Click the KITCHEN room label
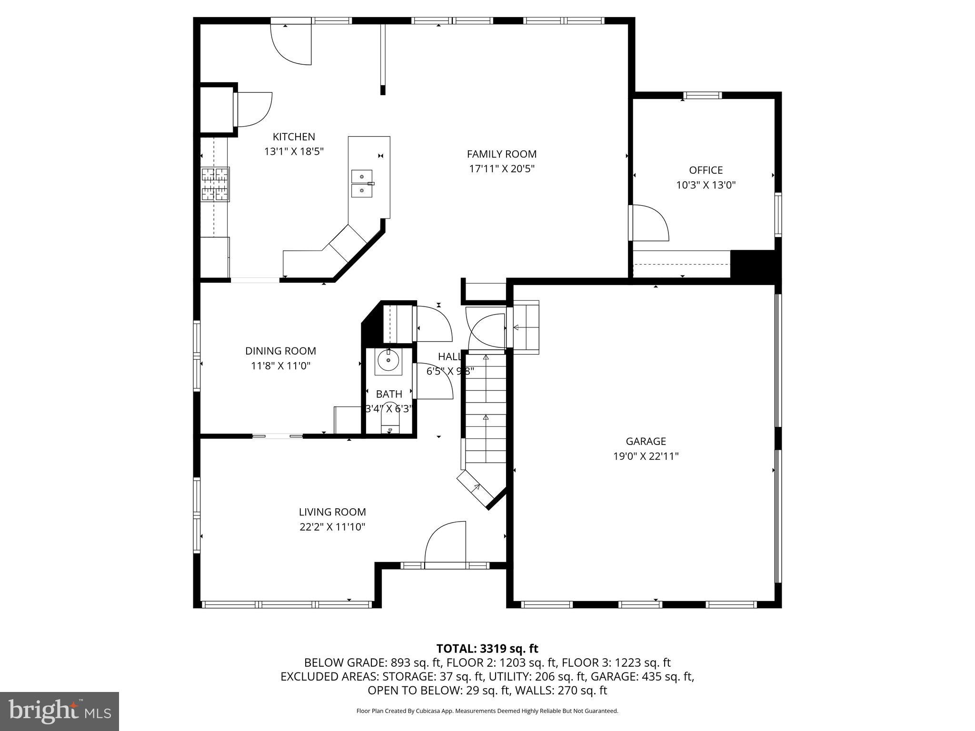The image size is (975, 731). click(x=294, y=137)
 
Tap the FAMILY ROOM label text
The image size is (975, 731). click(x=501, y=154)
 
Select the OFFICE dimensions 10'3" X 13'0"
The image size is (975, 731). click(x=706, y=185)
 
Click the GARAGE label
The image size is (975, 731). click(x=646, y=442)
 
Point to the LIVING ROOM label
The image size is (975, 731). click(x=332, y=512)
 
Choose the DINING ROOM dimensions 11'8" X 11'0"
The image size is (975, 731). click(x=280, y=366)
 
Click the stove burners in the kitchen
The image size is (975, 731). click(x=215, y=184)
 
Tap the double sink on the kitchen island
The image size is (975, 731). click(x=362, y=184)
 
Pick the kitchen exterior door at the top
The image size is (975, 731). click(x=290, y=43)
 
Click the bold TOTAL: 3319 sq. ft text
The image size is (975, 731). click(x=487, y=649)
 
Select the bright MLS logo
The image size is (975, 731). click(x=60, y=711)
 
